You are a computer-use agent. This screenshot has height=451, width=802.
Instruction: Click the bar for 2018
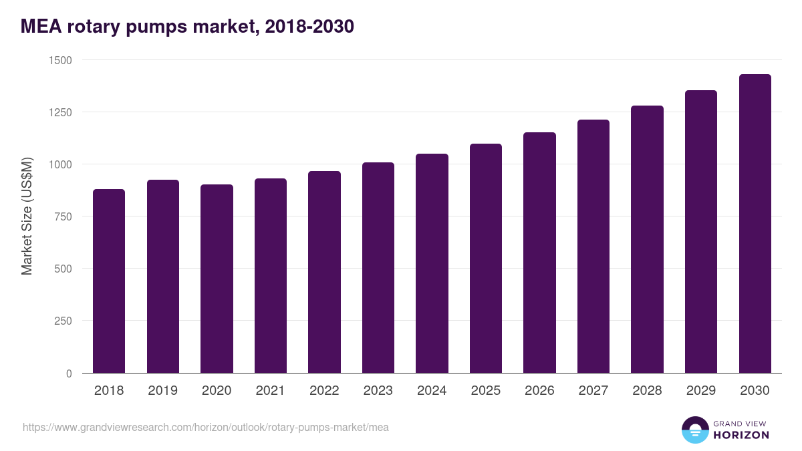(109, 281)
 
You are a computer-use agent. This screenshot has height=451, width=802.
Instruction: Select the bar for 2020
(217, 279)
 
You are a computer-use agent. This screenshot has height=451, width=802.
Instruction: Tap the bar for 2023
(378, 267)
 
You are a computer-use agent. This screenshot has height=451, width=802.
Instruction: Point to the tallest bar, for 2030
(755, 223)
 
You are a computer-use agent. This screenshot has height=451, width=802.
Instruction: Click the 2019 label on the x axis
(163, 391)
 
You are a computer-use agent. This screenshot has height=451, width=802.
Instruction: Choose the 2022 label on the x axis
(324, 391)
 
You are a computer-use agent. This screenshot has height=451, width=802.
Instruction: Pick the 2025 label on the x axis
(486, 391)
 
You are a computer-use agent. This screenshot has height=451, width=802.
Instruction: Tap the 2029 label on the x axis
(701, 391)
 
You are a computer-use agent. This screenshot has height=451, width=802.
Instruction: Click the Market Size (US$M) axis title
(27, 216)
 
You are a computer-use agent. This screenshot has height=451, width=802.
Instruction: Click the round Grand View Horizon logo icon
(695, 430)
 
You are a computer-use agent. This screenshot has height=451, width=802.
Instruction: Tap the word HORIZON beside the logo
(741, 435)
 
